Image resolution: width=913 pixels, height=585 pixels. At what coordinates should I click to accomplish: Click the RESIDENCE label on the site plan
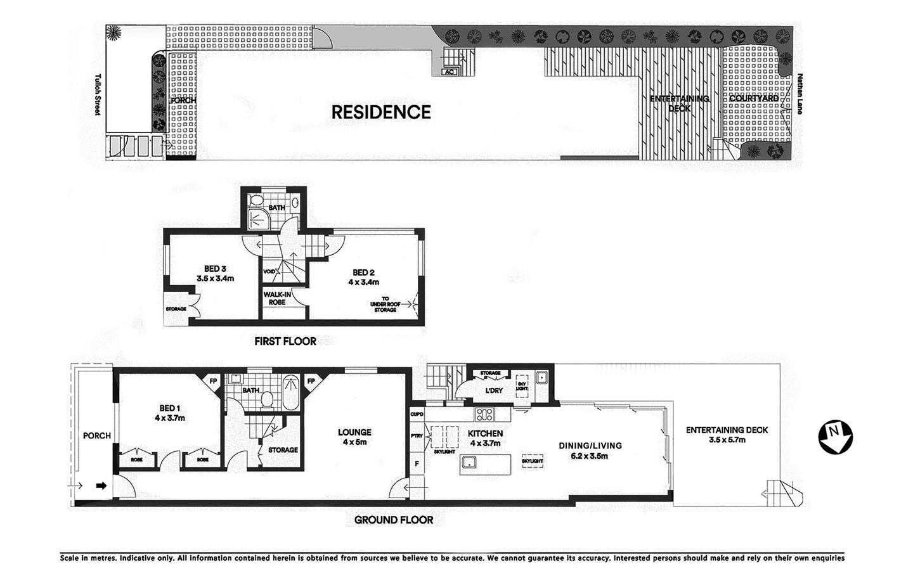coord(381,112)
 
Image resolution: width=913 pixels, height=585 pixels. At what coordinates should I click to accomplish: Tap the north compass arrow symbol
coord(835,437)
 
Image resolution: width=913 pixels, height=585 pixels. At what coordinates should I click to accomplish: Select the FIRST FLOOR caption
coord(285,341)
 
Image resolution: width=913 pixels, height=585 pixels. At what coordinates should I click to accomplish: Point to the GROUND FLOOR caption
coord(394,520)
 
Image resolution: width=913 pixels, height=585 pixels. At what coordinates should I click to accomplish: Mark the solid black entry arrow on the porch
coord(101,486)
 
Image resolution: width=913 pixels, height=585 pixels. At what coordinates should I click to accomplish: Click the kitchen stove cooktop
coord(485,416)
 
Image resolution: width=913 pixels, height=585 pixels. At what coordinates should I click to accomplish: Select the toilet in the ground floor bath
coord(268,399)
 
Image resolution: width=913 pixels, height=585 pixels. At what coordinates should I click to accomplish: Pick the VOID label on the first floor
coord(269,272)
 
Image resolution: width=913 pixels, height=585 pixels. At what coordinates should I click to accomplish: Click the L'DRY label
coord(494,390)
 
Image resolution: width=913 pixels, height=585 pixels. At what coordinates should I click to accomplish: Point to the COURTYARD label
coord(753,99)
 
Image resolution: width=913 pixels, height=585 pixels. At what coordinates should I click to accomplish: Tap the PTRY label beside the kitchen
coord(417,435)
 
